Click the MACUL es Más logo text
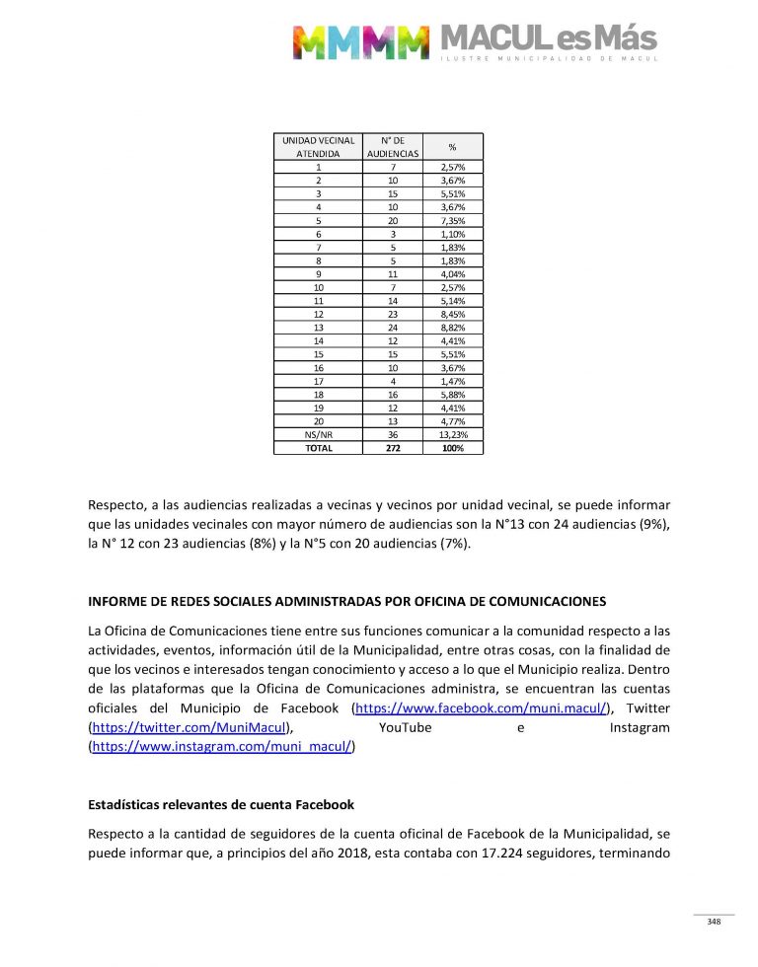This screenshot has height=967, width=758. coord(548,38)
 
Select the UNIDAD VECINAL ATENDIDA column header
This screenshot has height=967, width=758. coord(318,147)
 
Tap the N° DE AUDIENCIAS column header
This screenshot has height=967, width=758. coord(393,147)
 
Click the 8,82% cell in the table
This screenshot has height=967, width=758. coord(453,327)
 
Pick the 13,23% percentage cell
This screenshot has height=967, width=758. coord(453,433)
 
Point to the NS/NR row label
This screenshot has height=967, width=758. coord(318,433)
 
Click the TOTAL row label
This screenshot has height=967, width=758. coord(318,447)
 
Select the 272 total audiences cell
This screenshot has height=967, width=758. coord(393,447)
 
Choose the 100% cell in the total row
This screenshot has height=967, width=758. coord(453,447)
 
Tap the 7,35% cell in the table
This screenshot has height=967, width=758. coord(453,220)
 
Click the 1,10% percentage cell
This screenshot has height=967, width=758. coord(453,234)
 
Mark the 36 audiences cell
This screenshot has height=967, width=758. coord(393,433)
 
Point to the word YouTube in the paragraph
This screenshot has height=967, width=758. coord(406,728)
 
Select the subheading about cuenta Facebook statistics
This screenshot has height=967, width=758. coord(221,805)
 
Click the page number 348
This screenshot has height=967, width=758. coord(714,922)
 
